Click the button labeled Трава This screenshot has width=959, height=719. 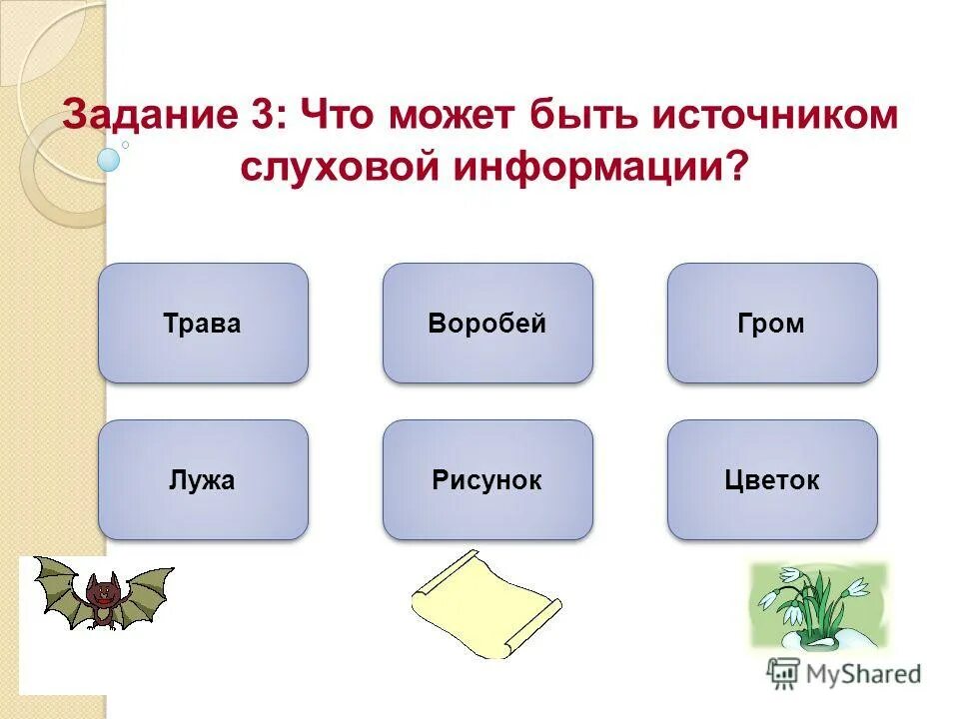tap(203, 324)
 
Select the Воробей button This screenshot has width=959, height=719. tap(487, 324)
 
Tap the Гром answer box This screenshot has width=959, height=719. tap(772, 324)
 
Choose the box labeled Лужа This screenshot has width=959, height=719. tap(203, 480)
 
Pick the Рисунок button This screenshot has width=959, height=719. tap(487, 480)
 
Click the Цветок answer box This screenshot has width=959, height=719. tap(772, 480)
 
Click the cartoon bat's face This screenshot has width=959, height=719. tap(101, 594)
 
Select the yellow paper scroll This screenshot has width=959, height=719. tap(484, 603)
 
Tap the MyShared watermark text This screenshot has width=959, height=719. tap(865, 674)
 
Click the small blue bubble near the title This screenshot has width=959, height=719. tap(109, 159)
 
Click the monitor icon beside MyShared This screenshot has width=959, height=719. tap(784, 673)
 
